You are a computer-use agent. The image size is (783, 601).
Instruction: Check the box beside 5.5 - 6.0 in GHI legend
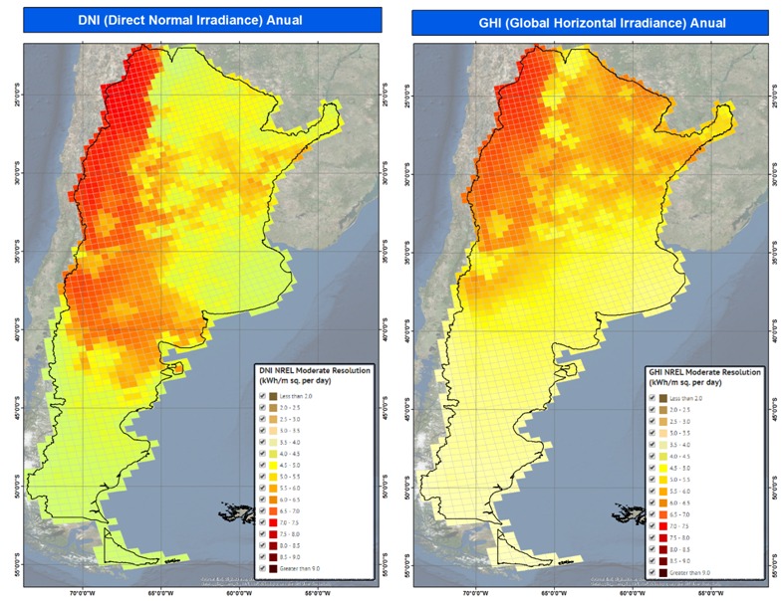tap(653, 491)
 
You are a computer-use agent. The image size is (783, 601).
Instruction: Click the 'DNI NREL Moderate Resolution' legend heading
tap(314, 370)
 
